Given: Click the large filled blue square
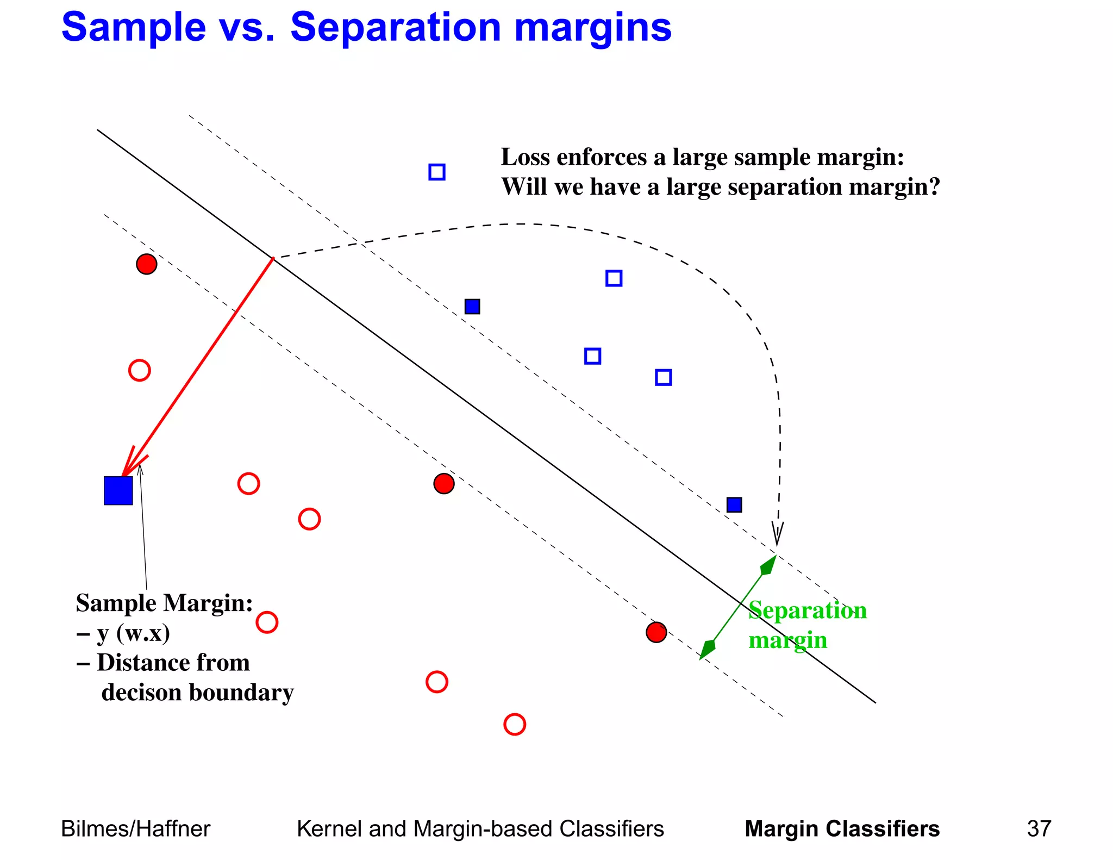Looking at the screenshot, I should click(x=118, y=491).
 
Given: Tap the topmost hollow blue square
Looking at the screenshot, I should click(x=437, y=172).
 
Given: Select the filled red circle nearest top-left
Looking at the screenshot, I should click(x=147, y=264).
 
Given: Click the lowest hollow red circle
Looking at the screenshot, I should click(x=515, y=724).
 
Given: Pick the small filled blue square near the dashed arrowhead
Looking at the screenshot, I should click(x=734, y=505).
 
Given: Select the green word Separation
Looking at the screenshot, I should click(x=807, y=610).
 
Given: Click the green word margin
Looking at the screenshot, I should click(x=787, y=640).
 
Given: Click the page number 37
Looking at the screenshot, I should click(x=1039, y=829).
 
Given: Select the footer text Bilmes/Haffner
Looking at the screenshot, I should click(x=135, y=829).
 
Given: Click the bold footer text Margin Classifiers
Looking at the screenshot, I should click(x=842, y=829).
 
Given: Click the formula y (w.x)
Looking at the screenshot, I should click(x=134, y=633).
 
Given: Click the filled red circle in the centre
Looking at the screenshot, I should click(x=444, y=483).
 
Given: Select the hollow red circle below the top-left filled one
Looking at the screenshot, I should click(x=140, y=370).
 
